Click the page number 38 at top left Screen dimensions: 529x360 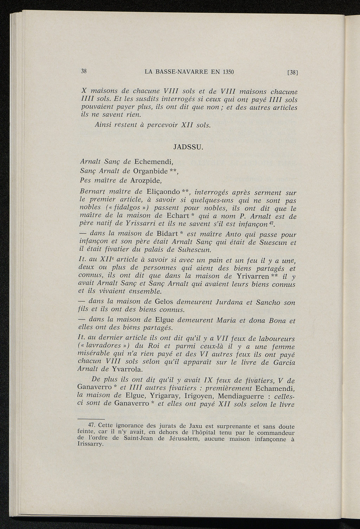pos(84,71)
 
